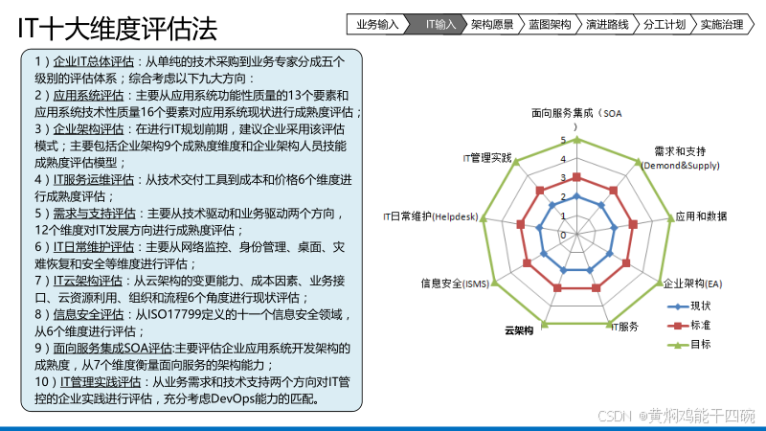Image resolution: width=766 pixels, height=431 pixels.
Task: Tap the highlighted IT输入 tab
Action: [x=439, y=25]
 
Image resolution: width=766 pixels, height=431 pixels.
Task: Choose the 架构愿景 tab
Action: [x=493, y=25]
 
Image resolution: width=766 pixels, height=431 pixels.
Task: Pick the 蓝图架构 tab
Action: [x=551, y=25]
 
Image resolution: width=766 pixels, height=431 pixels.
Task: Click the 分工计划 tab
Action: [x=665, y=25]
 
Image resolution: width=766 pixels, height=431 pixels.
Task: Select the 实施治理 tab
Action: [x=721, y=25]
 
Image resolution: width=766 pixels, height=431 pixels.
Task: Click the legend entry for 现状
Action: [x=700, y=306]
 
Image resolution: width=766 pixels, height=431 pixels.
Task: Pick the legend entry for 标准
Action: [x=700, y=326]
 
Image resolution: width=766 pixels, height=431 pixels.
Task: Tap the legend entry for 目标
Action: [x=700, y=345]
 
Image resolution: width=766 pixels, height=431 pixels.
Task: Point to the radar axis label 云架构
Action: [x=520, y=330]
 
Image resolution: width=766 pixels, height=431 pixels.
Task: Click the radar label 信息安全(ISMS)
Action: [x=455, y=284]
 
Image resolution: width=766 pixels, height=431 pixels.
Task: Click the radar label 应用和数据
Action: [x=700, y=216]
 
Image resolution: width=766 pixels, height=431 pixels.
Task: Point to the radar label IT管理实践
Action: [x=487, y=156]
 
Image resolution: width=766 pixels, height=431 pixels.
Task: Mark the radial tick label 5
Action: [x=563, y=141]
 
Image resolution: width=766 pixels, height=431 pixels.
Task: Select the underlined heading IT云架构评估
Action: [x=88, y=281]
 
